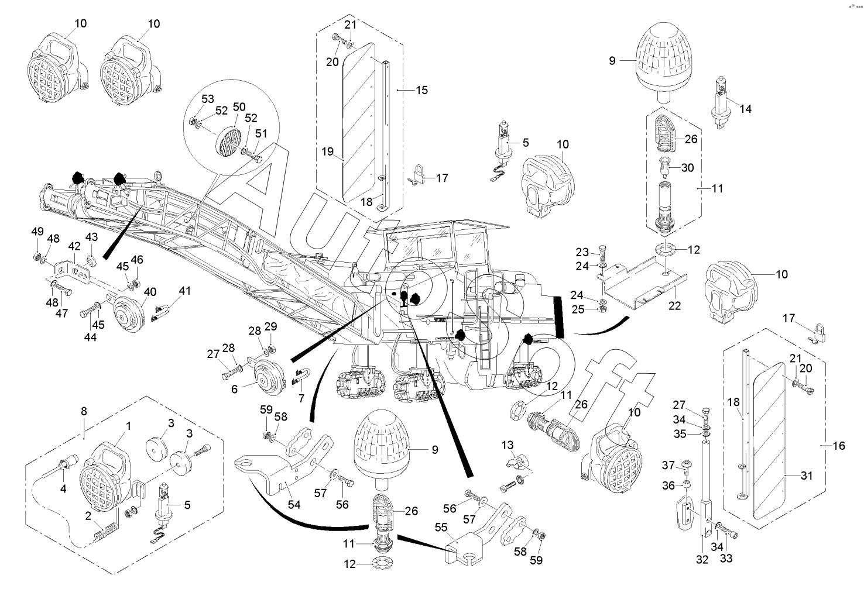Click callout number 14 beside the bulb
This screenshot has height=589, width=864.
745,109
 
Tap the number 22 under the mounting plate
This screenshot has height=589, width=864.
674,306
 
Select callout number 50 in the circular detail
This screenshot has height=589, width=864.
239,107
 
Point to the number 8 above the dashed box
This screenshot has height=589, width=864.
84,411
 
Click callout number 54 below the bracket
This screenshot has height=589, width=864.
294,505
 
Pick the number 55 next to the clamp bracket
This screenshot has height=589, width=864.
234,388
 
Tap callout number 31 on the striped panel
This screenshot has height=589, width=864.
807,476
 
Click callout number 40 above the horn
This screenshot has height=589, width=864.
150,292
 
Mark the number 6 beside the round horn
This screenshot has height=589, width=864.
234,388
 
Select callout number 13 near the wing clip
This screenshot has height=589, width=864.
507,446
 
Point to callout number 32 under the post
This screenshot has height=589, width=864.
702,559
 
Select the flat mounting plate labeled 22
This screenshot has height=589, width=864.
641,281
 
